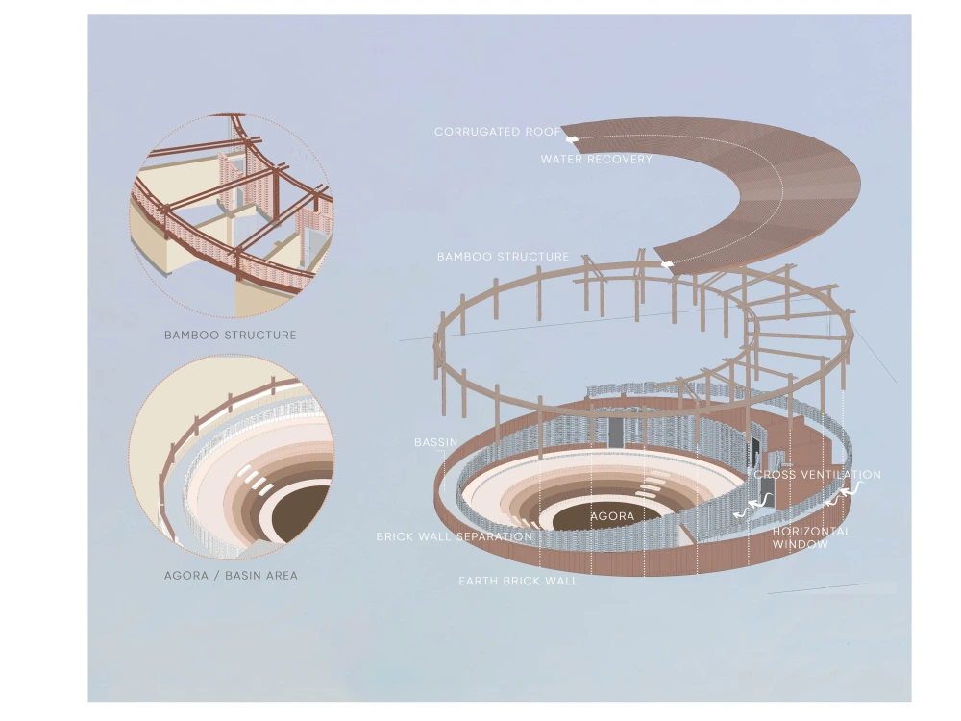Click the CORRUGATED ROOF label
[497, 131]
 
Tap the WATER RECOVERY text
[597, 159]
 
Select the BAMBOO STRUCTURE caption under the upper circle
[231, 335]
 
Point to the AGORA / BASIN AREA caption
[231, 576]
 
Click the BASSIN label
[435, 442]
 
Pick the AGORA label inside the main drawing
[612, 516]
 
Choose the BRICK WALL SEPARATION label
[455, 536]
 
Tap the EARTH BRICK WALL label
[518, 581]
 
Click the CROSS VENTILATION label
[818, 475]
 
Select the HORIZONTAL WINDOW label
[811, 537]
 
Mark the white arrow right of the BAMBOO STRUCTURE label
[667, 264]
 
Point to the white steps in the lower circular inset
[257, 479]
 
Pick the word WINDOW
[800, 544]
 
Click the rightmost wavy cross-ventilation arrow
[851, 488]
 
